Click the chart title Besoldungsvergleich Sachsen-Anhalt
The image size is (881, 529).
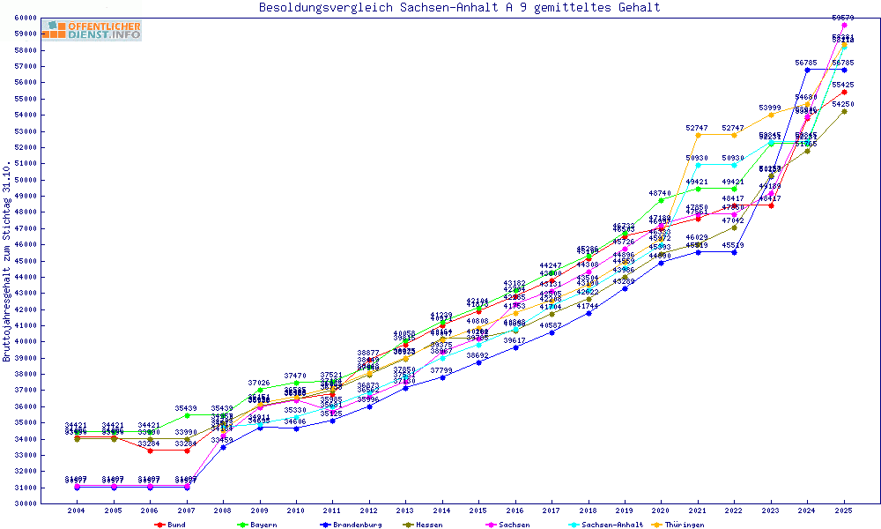click(459, 8)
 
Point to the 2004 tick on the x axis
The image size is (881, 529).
click(77, 510)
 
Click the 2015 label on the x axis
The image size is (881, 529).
click(478, 510)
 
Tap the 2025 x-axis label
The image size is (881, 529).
click(844, 510)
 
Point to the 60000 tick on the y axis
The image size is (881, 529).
click(48, 18)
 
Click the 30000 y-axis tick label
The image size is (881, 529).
click(48, 503)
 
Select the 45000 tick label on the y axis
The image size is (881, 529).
click(48, 261)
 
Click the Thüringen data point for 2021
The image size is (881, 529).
click(698, 135)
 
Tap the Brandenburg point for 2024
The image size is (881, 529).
click(807, 70)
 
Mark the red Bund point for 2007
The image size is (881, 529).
click(187, 451)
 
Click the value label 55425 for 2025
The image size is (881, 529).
click(844, 85)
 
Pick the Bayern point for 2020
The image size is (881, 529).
click(661, 200)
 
